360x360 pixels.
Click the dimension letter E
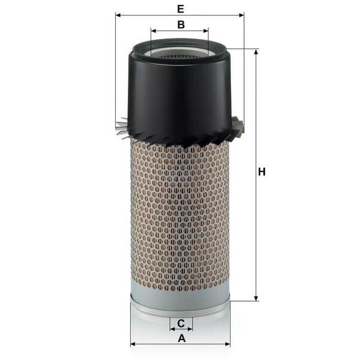pos(181,9)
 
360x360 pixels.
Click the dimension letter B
pos(181,25)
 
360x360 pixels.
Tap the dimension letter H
pos(262,172)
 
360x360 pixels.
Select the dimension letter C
pos(181,323)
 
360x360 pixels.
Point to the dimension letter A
pos(182,338)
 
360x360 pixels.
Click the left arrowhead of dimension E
pos(118,15)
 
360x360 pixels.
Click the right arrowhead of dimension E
pos(241,15)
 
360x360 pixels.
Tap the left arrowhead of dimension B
pos(154,31)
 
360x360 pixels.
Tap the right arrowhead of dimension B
pos(206,31)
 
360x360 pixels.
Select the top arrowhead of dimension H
pos(256,52)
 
